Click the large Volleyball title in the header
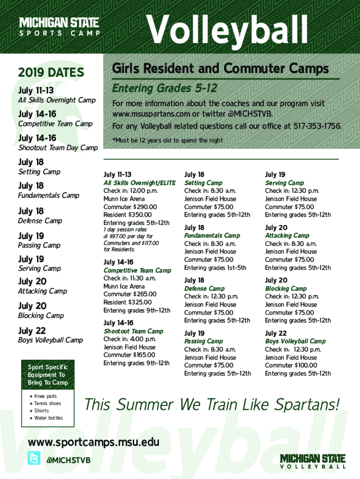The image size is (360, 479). tap(227, 29)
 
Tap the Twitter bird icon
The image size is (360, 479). tap(34, 458)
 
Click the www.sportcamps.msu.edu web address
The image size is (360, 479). tap(94, 443)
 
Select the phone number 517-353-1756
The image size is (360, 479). tap(317, 126)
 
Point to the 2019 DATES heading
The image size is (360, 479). tap(51, 73)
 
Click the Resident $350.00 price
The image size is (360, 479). tap(127, 215)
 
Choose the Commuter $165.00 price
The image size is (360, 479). tap(129, 355)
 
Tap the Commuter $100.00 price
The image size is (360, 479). tap(291, 365)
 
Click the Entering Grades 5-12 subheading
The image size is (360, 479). tap(165, 88)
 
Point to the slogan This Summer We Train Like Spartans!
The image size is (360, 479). tap(212, 405)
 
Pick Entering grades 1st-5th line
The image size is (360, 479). tap(215, 268)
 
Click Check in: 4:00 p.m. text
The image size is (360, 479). tap(130, 339)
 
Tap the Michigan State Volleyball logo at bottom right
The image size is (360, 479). tap(313, 461)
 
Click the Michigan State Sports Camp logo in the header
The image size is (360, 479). tap(59, 27)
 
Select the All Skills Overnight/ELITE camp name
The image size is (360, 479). tap(139, 183)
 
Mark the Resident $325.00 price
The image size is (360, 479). tap(127, 303)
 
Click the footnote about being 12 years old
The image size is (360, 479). tap(168, 140)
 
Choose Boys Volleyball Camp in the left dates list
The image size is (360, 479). tap(50, 340)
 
